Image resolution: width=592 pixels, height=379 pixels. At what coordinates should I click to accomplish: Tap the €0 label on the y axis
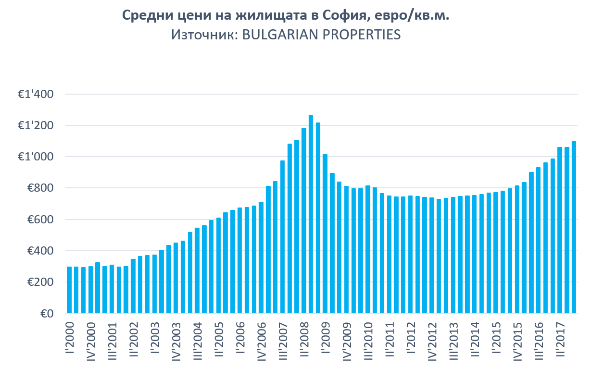click(47, 314)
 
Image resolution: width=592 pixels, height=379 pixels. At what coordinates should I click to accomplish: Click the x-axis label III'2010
click(367, 342)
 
